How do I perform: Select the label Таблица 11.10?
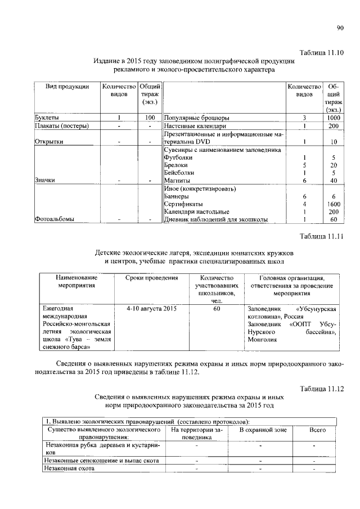[322, 52]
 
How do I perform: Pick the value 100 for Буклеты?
[149, 118]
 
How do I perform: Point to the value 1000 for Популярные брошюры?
[334, 118]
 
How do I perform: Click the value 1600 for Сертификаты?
[334, 204]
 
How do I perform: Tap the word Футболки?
[178, 157]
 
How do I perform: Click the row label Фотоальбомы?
[55, 219]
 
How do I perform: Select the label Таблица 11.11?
[322, 235]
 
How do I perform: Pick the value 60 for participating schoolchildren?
[216, 309]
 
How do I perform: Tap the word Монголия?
[262, 340]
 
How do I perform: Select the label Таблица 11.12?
[322, 388]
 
